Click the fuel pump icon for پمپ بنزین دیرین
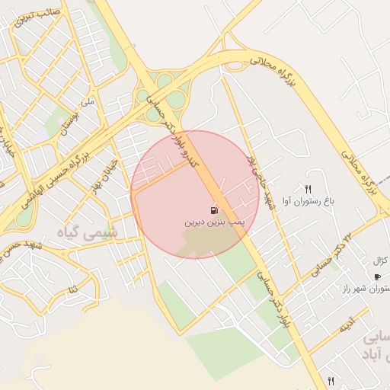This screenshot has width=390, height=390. coord(213,210)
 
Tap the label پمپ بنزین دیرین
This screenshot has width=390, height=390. coord(213,224)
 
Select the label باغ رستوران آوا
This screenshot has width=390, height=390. coord(308,202)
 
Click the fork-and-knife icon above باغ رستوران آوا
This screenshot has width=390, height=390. coord(308,189)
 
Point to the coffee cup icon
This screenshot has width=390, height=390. coord(376,277)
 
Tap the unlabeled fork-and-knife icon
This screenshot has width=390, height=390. coord(331,380)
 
